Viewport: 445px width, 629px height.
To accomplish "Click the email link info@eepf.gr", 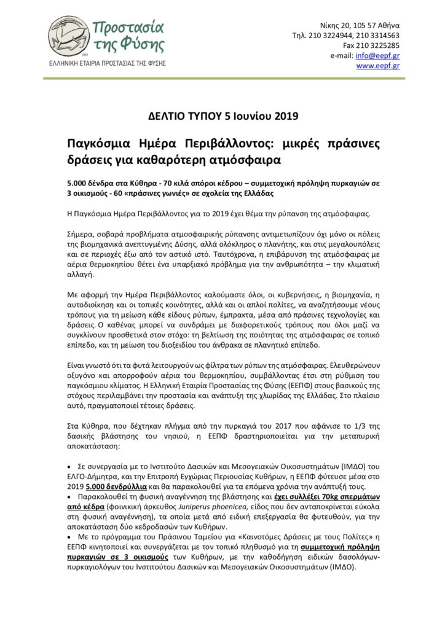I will coord(382,55).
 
